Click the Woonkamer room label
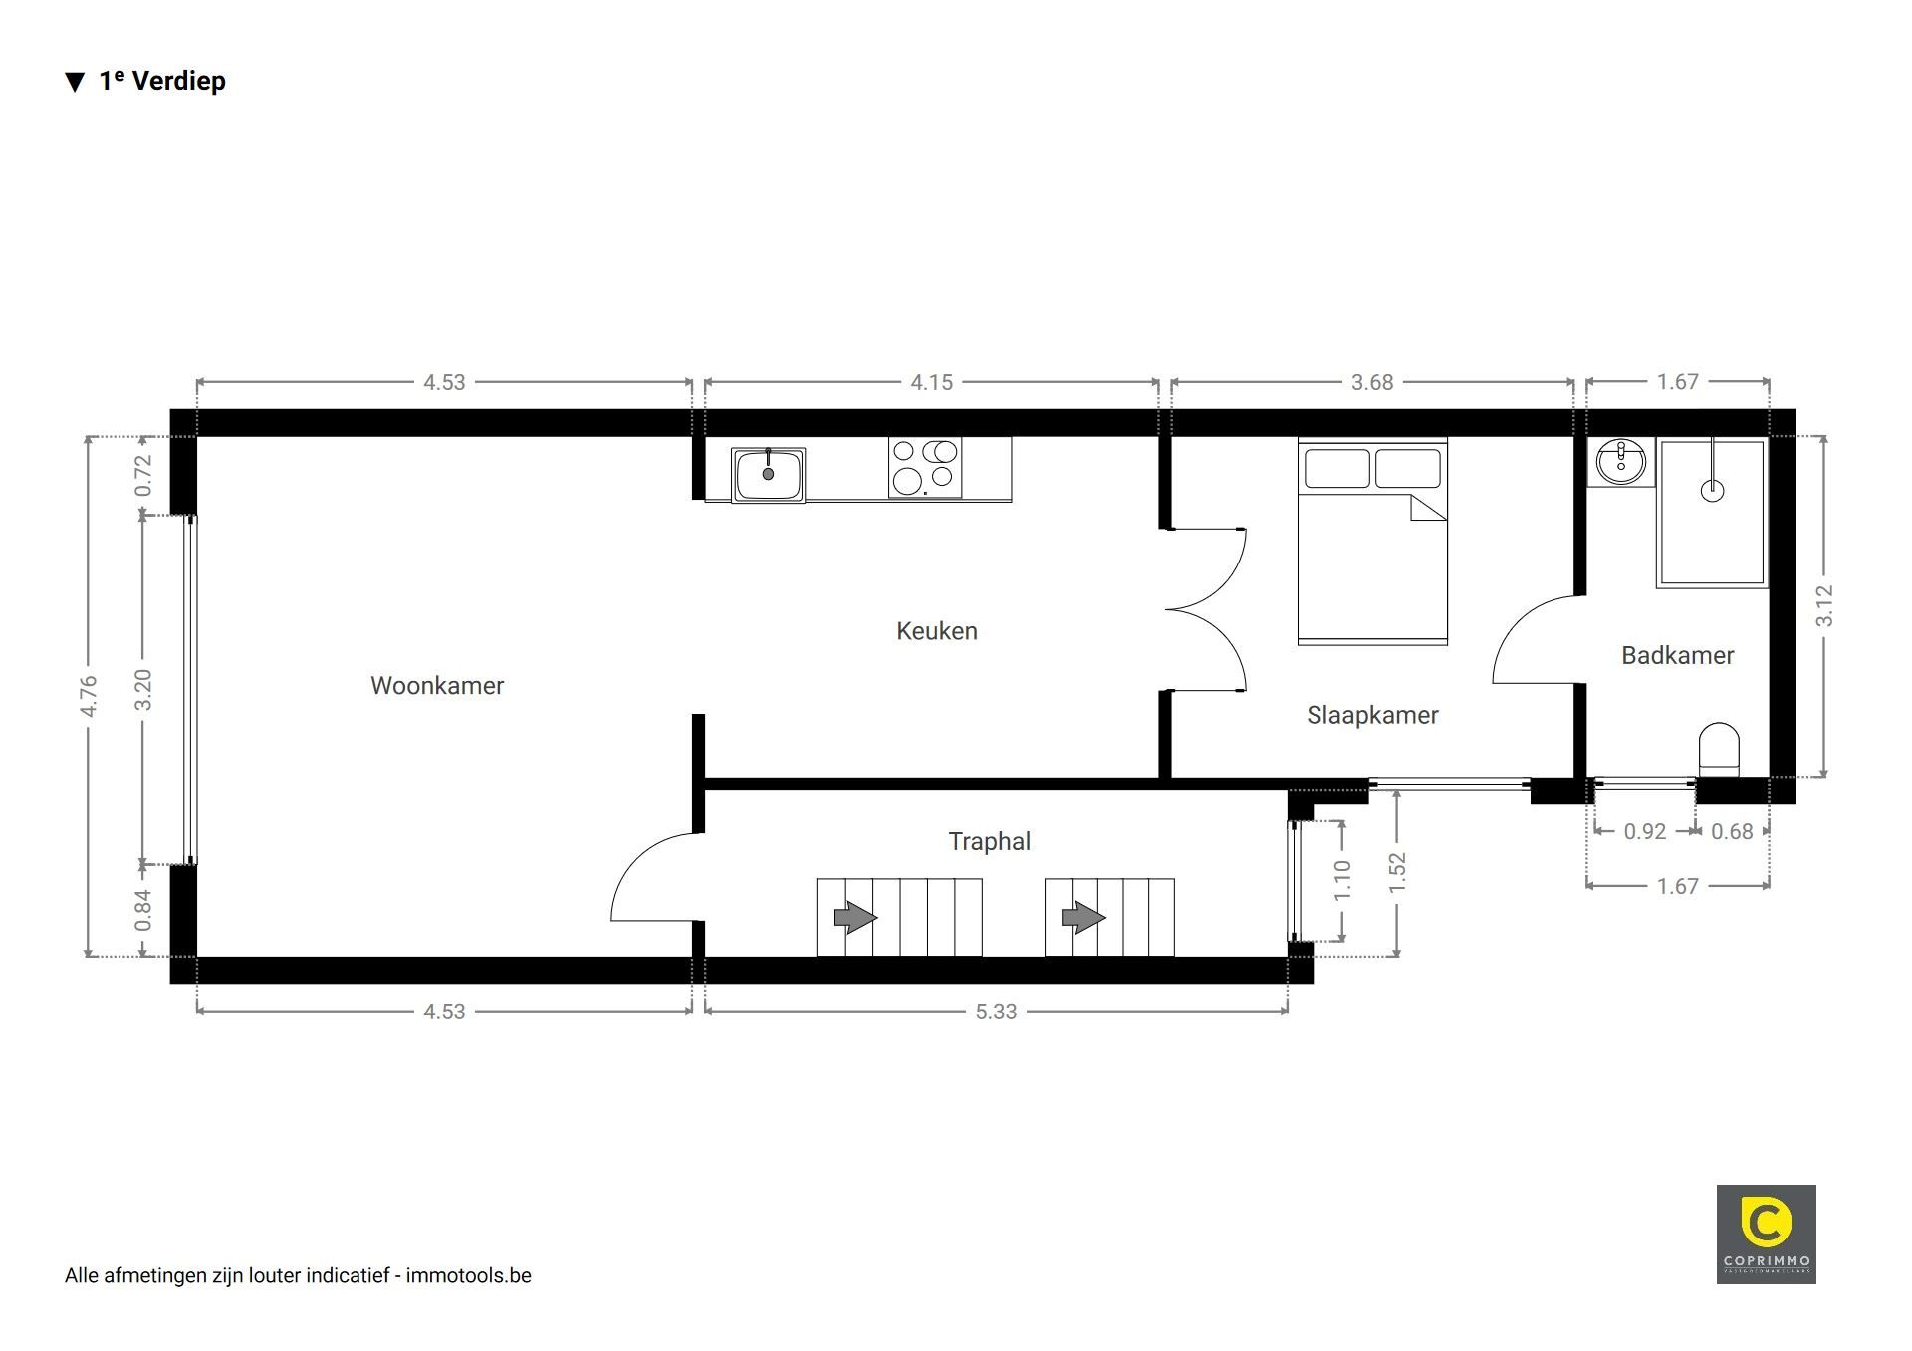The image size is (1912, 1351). click(x=437, y=685)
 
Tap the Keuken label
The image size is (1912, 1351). click(x=937, y=631)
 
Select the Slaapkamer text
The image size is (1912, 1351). click(x=1372, y=715)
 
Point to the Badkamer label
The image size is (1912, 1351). click(x=1678, y=655)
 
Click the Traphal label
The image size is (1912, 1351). click(x=989, y=841)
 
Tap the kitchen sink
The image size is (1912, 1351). click(x=768, y=475)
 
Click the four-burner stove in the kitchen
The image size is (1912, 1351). click(x=925, y=467)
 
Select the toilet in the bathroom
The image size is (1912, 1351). click(x=1718, y=749)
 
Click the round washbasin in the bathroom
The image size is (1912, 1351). click(x=1621, y=462)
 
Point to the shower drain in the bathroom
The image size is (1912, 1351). click(x=1712, y=490)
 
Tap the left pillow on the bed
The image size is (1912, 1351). click(x=1336, y=468)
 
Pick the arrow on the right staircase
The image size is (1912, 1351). click(x=1083, y=917)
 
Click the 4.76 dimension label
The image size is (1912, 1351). click(x=89, y=696)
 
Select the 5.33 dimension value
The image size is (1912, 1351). click(x=996, y=1012)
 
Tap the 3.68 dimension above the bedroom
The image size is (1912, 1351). click(x=1372, y=382)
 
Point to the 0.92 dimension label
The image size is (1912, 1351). click(x=1645, y=831)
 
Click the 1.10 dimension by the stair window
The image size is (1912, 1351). click(x=1342, y=880)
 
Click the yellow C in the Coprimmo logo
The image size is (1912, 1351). click(x=1766, y=1224)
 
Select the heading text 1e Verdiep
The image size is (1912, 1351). click(x=162, y=81)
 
